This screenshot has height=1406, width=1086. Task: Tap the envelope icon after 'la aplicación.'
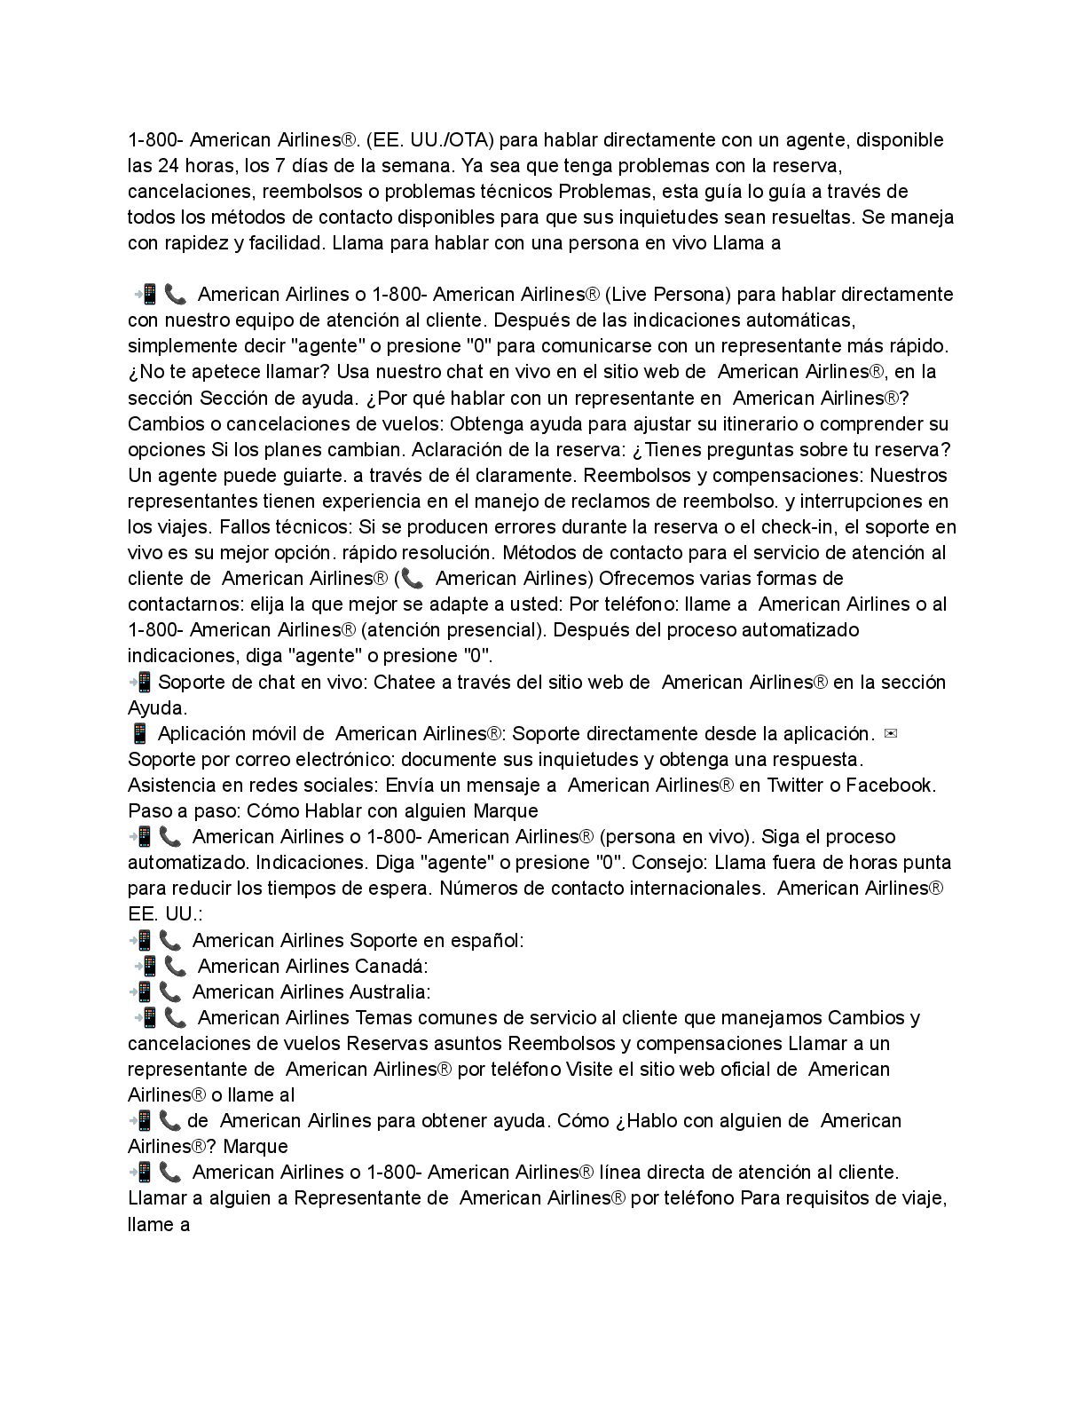tap(893, 734)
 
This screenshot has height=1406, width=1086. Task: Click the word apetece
tap(224, 371)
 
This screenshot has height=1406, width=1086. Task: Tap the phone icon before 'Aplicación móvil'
tap(138, 733)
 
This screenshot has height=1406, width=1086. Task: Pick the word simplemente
tap(177, 345)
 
